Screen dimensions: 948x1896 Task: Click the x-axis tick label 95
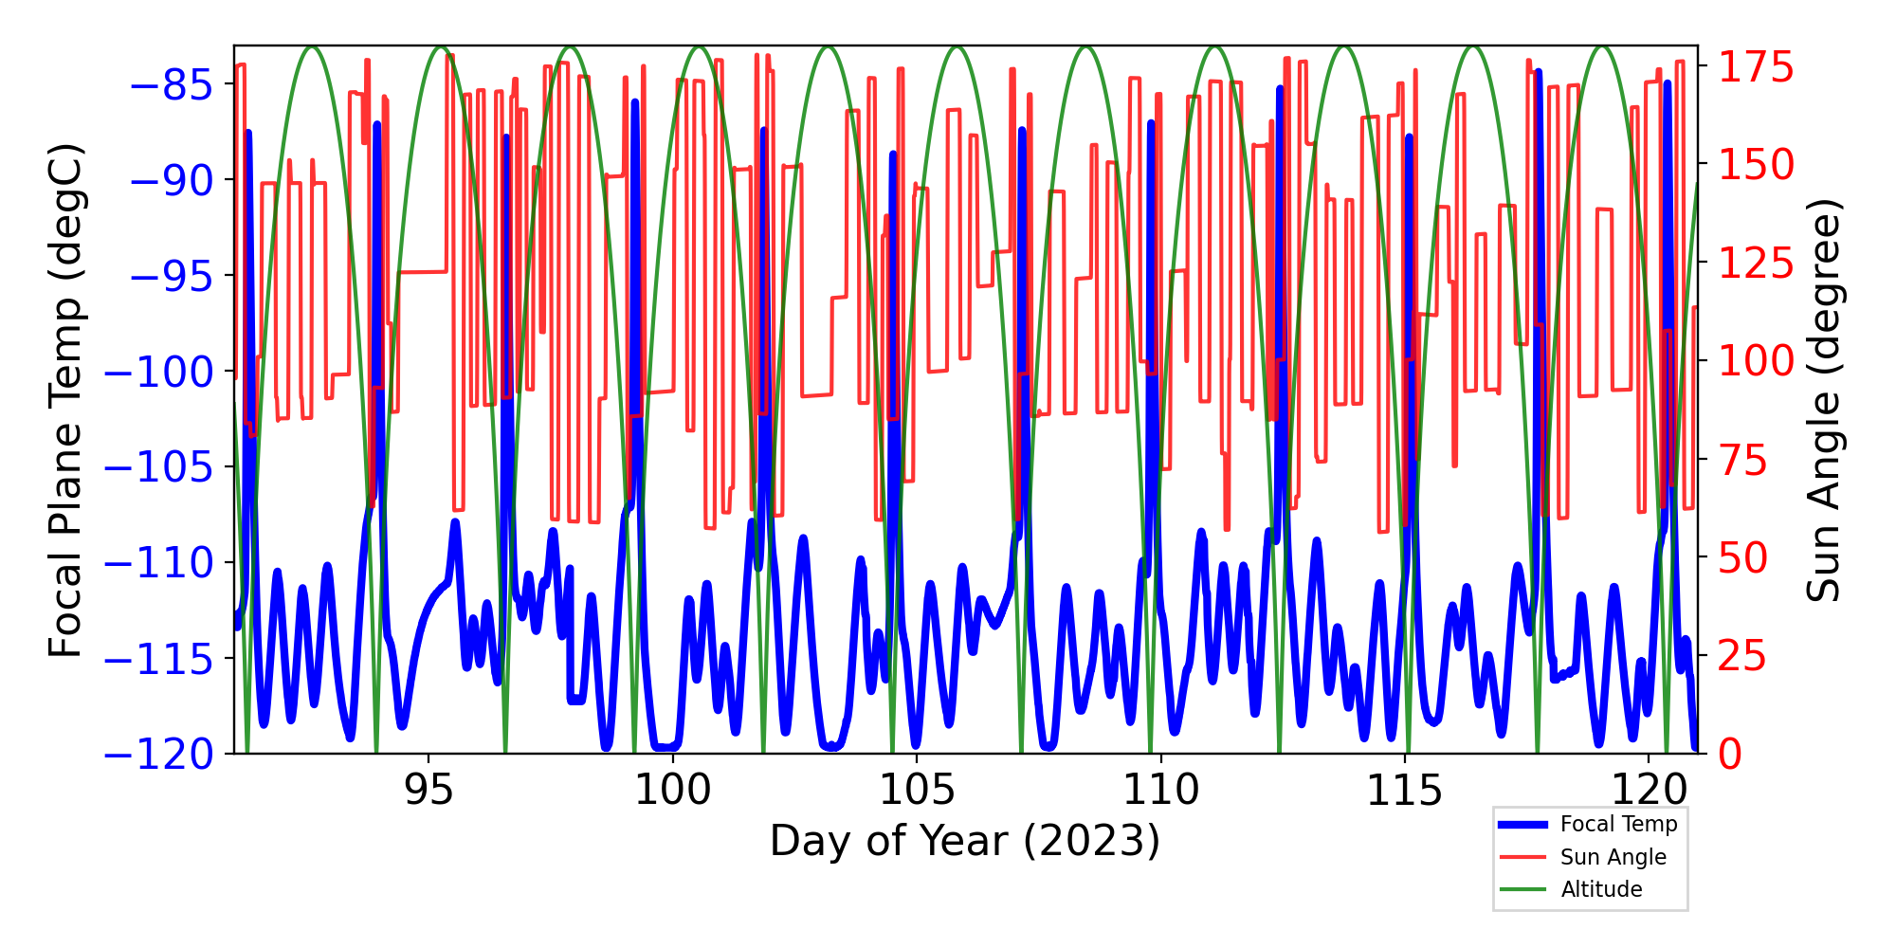tap(428, 790)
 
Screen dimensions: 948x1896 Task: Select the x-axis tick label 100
tap(672, 790)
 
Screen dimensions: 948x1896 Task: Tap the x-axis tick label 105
tap(917, 790)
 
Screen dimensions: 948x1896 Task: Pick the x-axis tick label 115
tap(1404, 790)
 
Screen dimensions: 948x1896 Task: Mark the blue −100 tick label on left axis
tap(159, 373)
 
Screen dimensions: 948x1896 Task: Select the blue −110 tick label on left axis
tap(159, 564)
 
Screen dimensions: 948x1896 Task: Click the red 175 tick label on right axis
tap(1757, 67)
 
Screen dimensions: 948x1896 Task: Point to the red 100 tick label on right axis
tap(1757, 361)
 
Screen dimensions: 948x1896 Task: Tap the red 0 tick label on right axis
tap(1730, 756)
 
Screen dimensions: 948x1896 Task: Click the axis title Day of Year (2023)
tap(965, 841)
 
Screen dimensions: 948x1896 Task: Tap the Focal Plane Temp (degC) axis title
tap(66, 400)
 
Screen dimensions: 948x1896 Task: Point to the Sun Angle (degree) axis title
tap(1822, 400)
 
